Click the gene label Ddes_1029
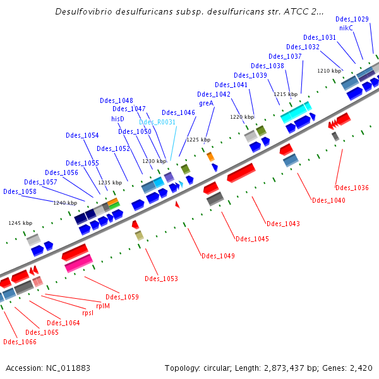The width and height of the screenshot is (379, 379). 352,20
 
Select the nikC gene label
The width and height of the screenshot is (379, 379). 346,28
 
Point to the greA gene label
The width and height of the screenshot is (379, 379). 206,103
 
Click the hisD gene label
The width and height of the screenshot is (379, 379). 118,118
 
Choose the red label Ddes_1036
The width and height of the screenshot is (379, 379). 352,188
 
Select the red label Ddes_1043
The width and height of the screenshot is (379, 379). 283,224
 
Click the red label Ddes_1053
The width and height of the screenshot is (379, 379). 161,279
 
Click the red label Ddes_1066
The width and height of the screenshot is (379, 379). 20,342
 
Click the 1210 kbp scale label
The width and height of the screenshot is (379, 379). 328,71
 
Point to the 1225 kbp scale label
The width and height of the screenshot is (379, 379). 198,140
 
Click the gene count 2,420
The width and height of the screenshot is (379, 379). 361,368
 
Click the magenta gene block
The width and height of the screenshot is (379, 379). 78,263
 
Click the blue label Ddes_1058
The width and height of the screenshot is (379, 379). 20,191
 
